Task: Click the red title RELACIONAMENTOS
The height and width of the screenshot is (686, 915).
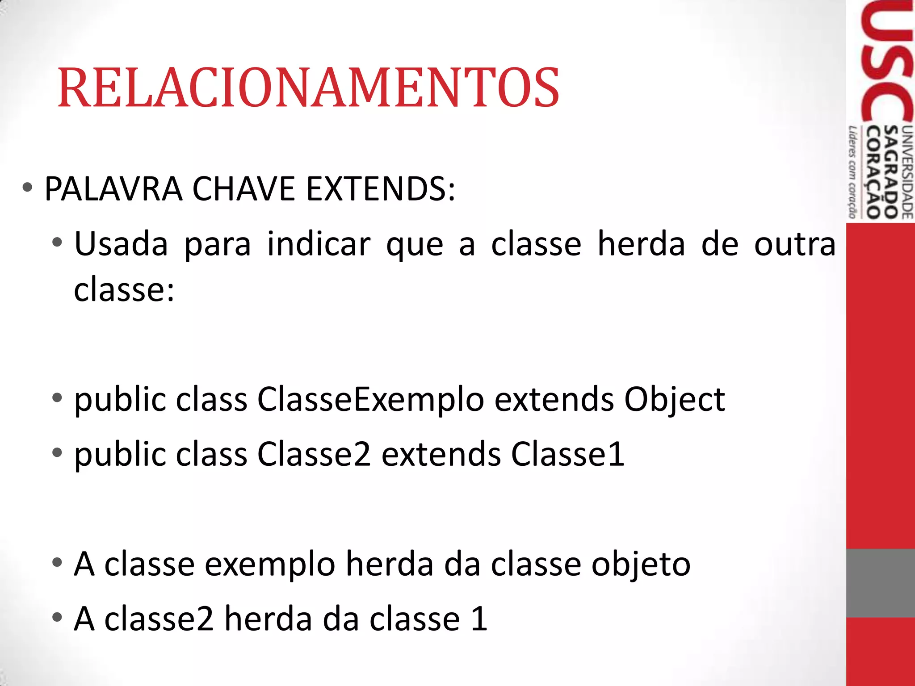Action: pyautogui.click(x=308, y=88)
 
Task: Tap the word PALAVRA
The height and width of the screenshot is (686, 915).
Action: pyautogui.click(x=113, y=189)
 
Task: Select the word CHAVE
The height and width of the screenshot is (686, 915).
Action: pyautogui.click(x=243, y=189)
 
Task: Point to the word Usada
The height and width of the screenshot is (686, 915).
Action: pyautogui.click(x=121, y=245)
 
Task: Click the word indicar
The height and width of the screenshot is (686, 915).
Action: pyautogui.click(x=319, y=245)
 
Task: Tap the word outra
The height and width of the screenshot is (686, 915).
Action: pyautogui.click(x=794, y=245)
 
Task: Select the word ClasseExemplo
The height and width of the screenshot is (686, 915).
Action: pyautogui.click(x=370, y=400)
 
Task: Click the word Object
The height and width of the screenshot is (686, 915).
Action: pyautogui.click(x=674, y=400)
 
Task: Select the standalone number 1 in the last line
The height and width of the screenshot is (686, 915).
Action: pyautogui.click(x=479, y=619)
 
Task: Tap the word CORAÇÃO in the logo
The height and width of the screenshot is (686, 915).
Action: pyautogui.click(x=873, y=172)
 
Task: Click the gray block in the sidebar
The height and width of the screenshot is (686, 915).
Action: pyautogui.click(x=880, y=583)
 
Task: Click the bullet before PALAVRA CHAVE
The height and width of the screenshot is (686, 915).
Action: pyautogui.click(x=27, y=188)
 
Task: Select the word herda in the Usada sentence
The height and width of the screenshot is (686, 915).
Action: pyautogui.click(x=641, y=245)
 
